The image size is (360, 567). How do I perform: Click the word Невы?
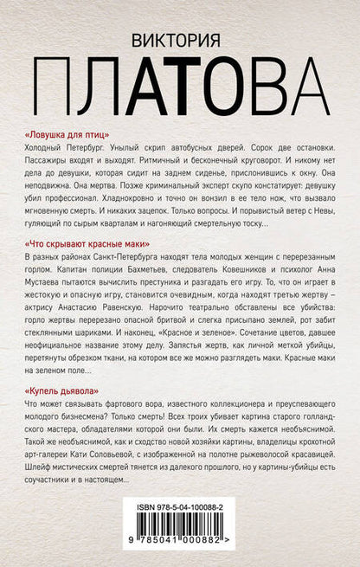(327, 209)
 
